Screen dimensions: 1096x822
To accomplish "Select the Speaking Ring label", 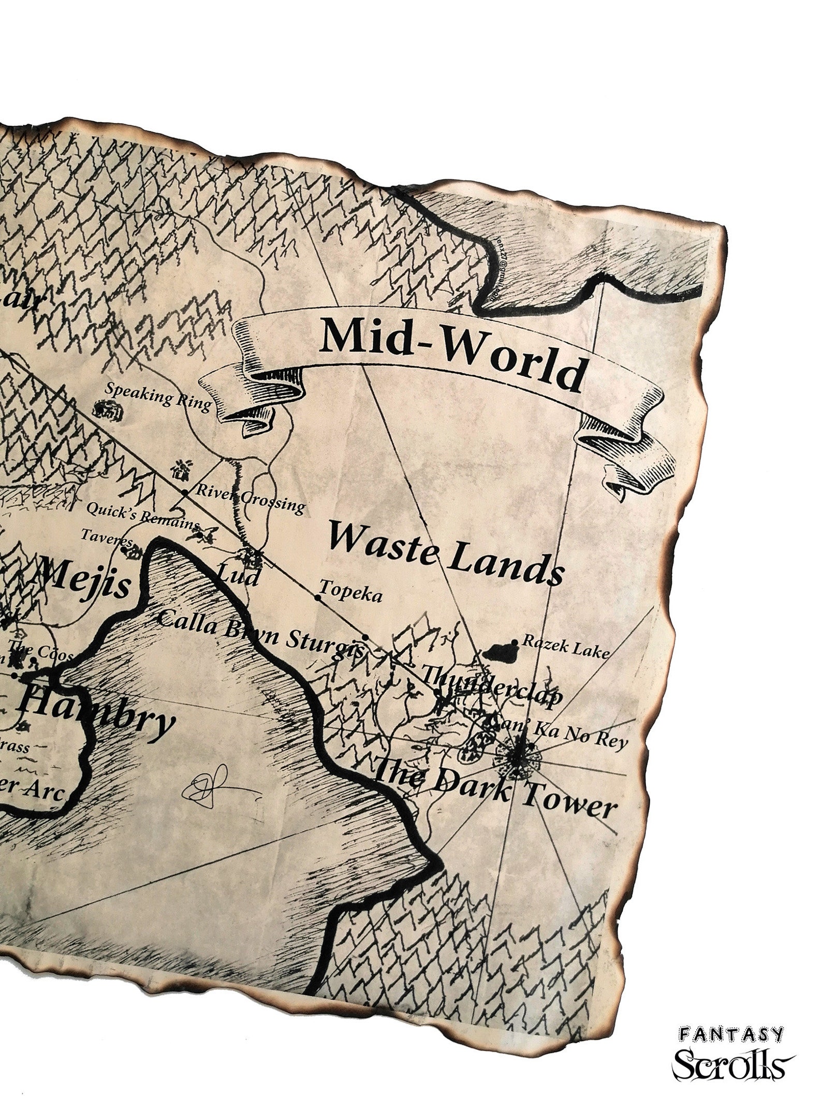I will (158, 396).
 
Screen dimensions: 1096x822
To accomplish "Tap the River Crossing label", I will (249, 498).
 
